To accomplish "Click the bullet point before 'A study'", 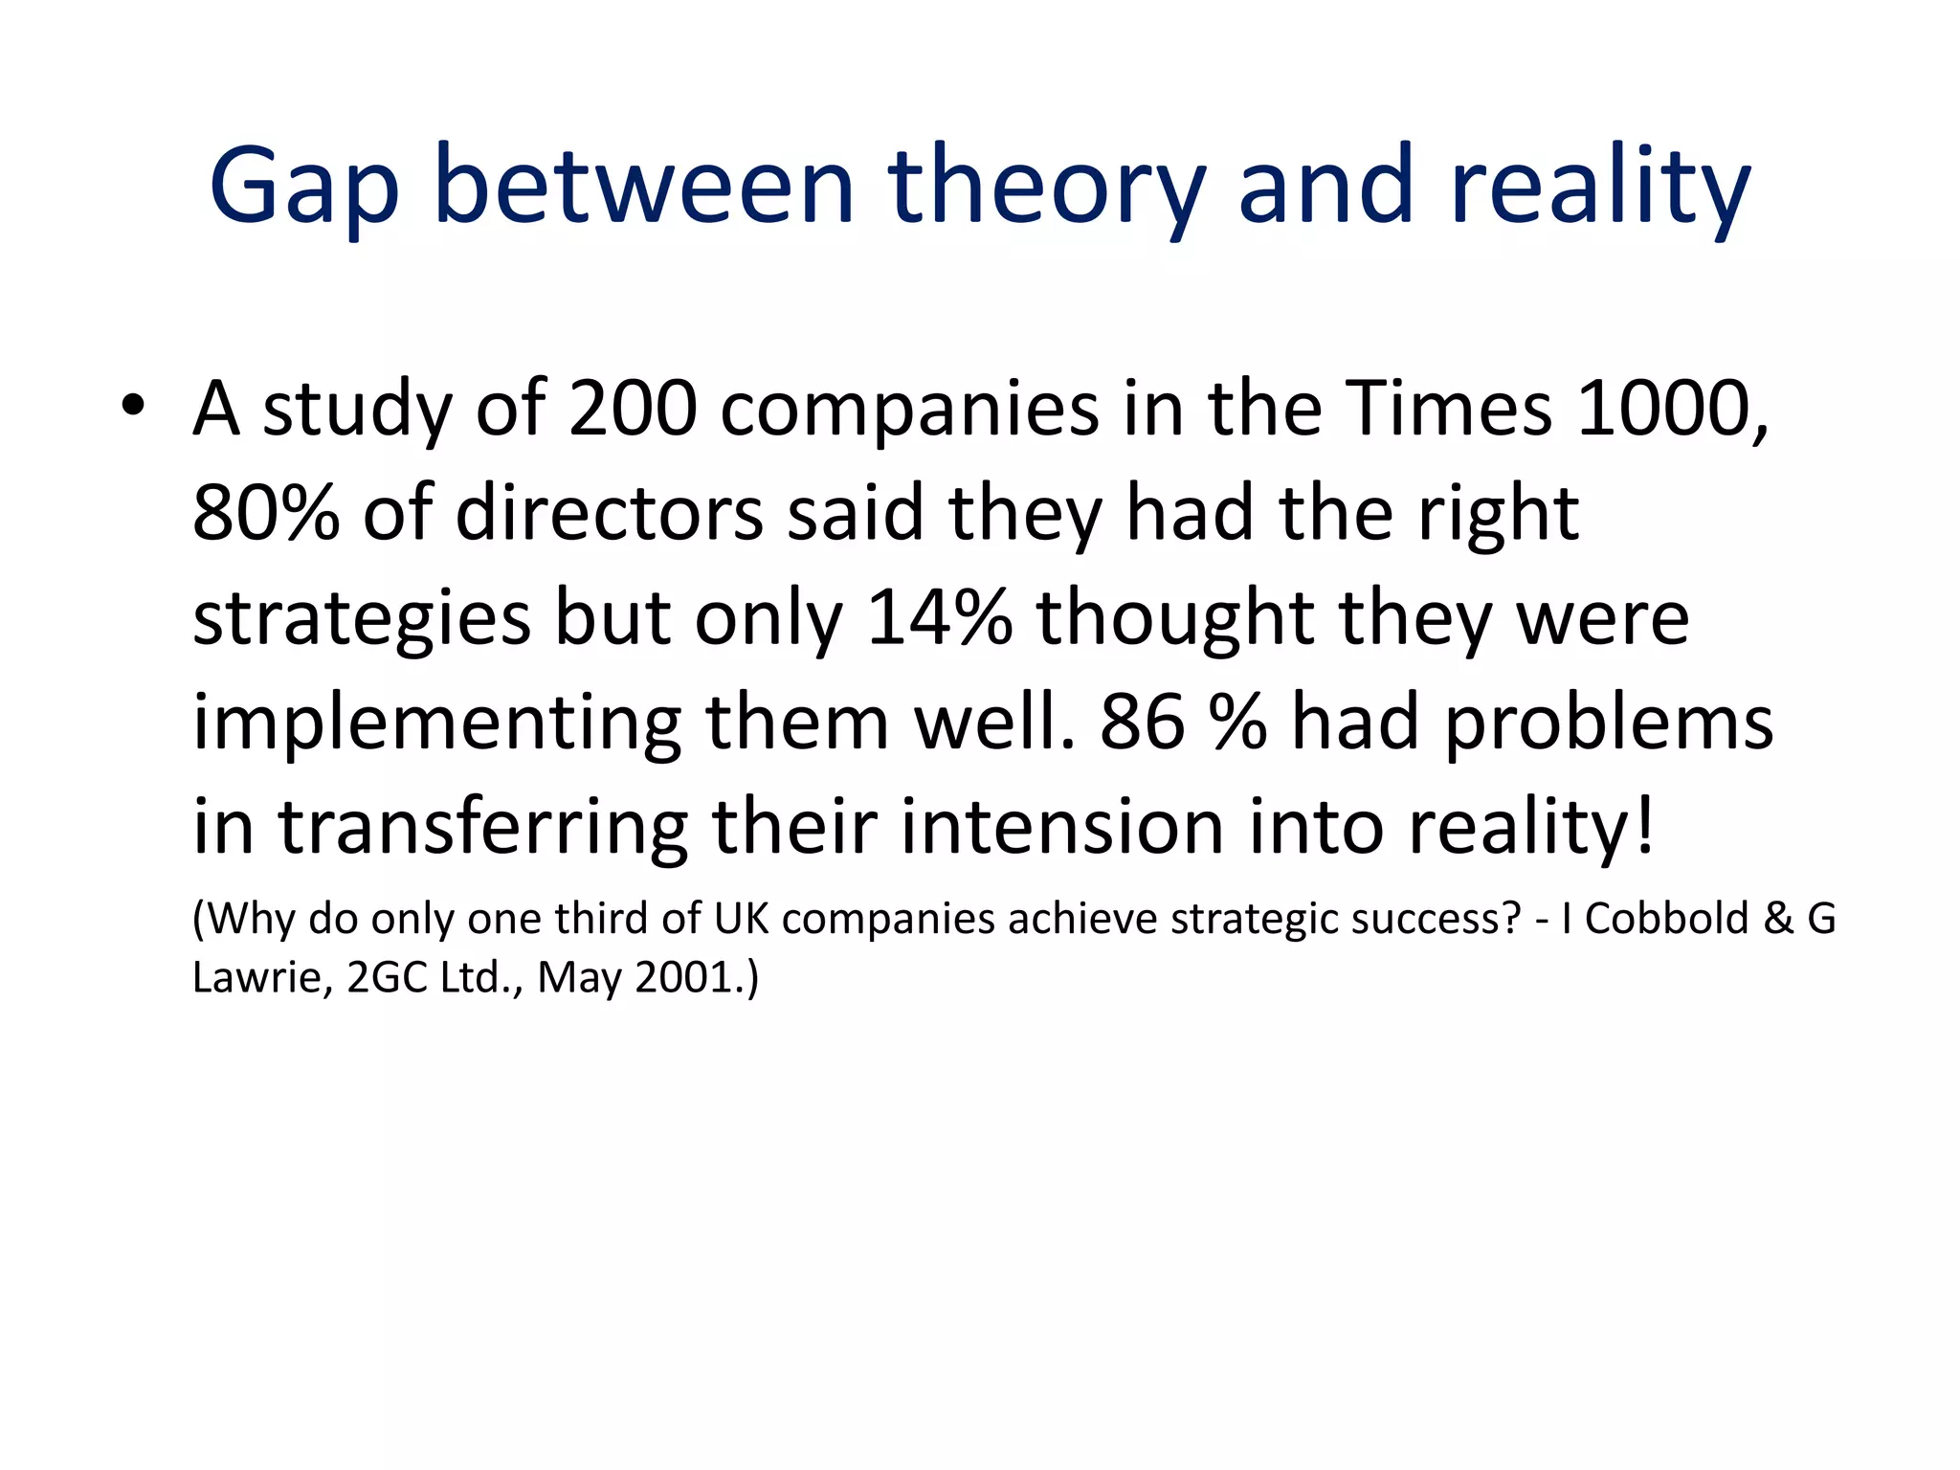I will pos(133,407).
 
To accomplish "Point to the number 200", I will pos(633,409).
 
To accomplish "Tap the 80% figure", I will pos(266,513).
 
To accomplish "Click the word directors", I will pos(609,513).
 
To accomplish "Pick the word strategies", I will pos(362,619).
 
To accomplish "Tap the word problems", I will pos(1608,724).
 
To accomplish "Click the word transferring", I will pos(483,827).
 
